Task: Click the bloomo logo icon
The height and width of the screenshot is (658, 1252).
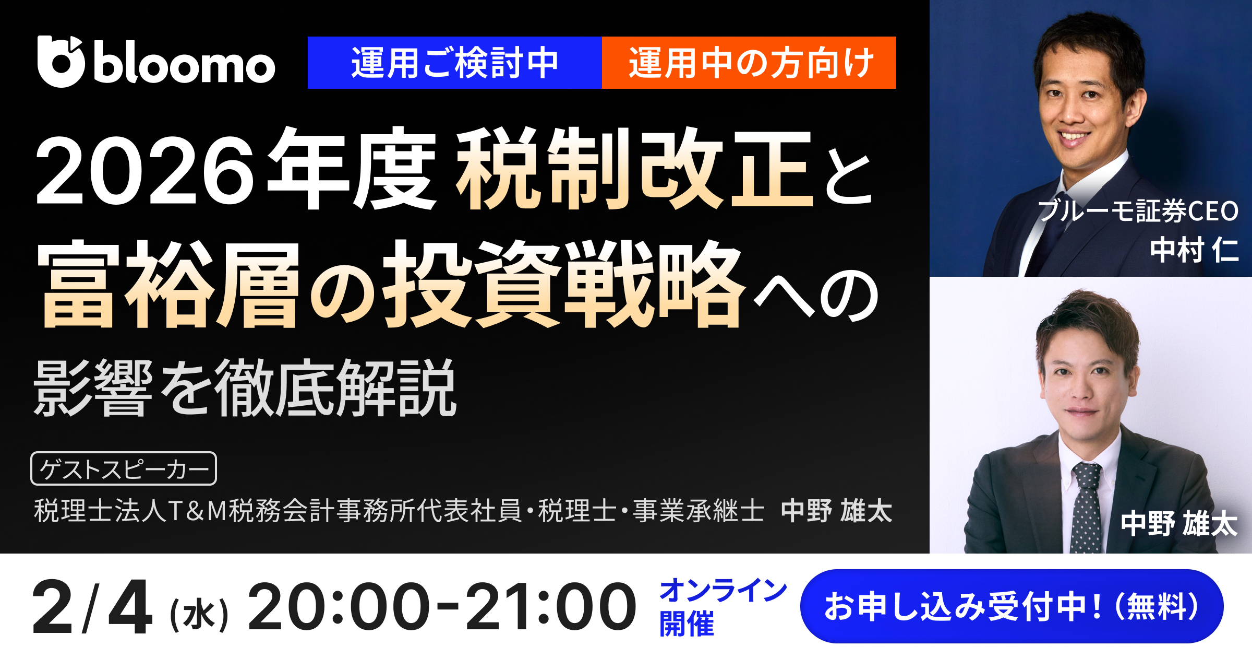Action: point(61,62)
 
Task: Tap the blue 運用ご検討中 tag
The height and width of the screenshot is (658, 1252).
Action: point(454,63)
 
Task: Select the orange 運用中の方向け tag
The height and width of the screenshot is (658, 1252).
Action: point(749,63)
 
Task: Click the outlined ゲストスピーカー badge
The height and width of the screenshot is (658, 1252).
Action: point(124,468)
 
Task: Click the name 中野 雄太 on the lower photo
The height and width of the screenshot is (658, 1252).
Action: point(1179,524)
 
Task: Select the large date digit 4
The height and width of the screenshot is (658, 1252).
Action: point(130,607)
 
